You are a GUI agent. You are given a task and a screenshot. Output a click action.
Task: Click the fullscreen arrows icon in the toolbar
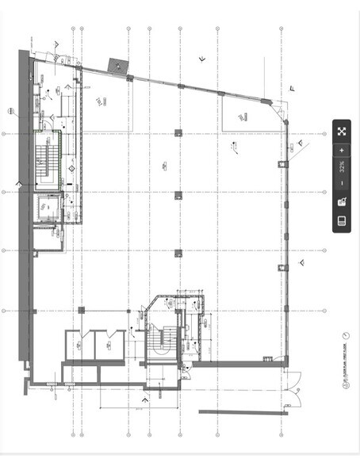pos(342,132)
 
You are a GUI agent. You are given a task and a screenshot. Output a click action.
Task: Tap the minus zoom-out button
pos(342,183)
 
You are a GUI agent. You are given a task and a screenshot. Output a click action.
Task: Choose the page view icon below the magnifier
pos(342,220)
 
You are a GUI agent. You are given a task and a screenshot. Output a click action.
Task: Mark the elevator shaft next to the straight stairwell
pos(48,208)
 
